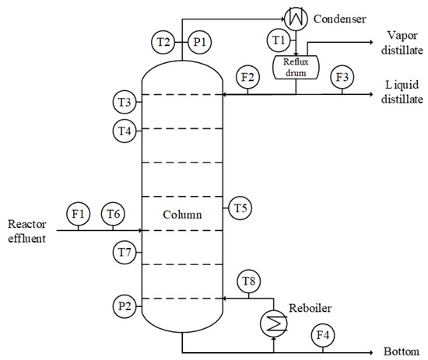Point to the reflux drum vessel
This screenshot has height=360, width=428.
point(296,67)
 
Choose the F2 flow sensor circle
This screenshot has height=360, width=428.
point(247,78)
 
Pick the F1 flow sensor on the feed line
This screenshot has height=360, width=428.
point(77,214)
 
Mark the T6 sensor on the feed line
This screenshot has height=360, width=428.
point(114,214)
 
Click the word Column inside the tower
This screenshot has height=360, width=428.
point(183,214)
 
